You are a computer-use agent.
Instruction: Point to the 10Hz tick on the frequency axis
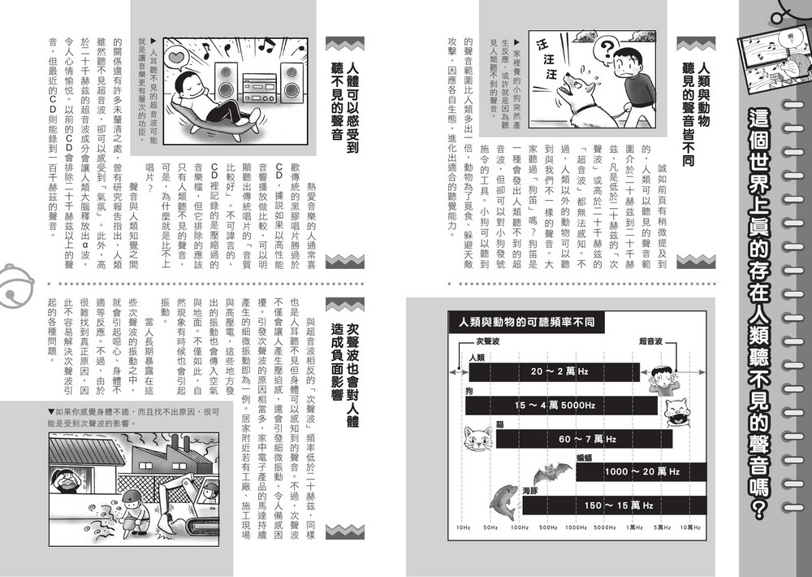coord(463,527)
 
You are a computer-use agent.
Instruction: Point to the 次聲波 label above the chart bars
coord(486,341)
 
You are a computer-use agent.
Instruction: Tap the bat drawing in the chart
coord(552,471)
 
